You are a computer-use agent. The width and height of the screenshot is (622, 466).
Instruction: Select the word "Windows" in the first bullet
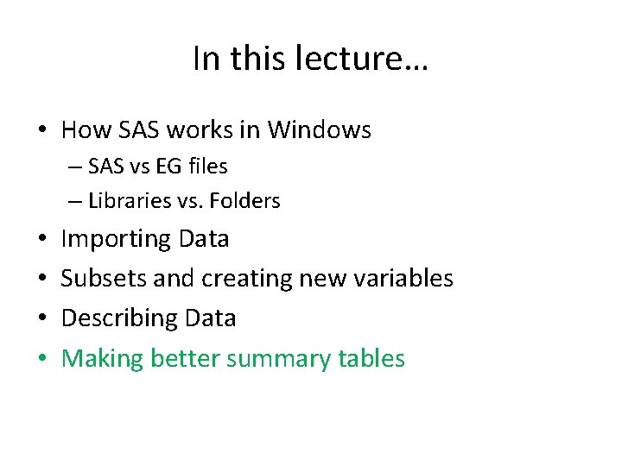320,130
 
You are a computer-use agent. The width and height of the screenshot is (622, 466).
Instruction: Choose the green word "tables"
371,357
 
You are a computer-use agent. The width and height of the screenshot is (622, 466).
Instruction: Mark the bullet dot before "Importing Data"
41,238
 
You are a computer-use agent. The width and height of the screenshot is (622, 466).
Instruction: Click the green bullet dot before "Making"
41,357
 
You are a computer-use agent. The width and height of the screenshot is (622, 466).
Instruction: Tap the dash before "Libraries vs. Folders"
75,201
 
